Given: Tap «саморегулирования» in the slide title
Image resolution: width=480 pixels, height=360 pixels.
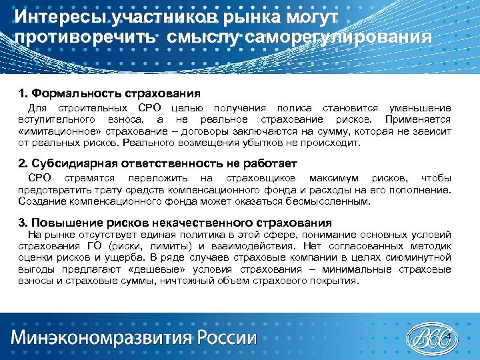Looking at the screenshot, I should (339, 35).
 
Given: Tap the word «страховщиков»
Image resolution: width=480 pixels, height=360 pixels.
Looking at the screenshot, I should (259, 178).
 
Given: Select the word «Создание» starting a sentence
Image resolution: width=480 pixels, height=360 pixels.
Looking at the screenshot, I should (40, 201).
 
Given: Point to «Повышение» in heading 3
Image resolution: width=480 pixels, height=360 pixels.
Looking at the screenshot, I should (62, 222).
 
